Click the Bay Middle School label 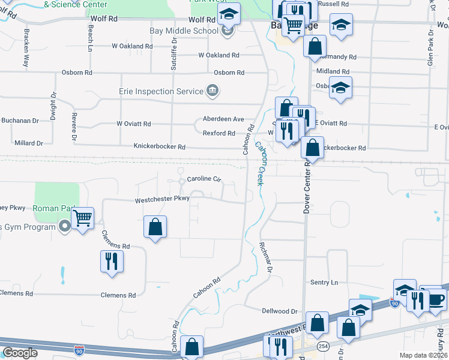pyautogui.click(x=184, y=31)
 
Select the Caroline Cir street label pyautogui.click(x=204, y=179)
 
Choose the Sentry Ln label pyautogui.click(x=324, y=282)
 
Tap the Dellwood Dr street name pyautogui.click(x=280, y=311)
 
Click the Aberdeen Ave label pyautogui.click(x=223, y=119)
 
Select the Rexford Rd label pyautogui.click(x=218, y=133)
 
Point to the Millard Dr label pyautogui.click(x=29, y=143)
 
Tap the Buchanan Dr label pyautogui.click(x=20, y=121)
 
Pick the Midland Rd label pyautogui.click(x=328, y=71)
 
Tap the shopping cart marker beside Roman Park pyautogui.click(x=83, y=218)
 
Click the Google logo pyautogui.click(x=20, y=353)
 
